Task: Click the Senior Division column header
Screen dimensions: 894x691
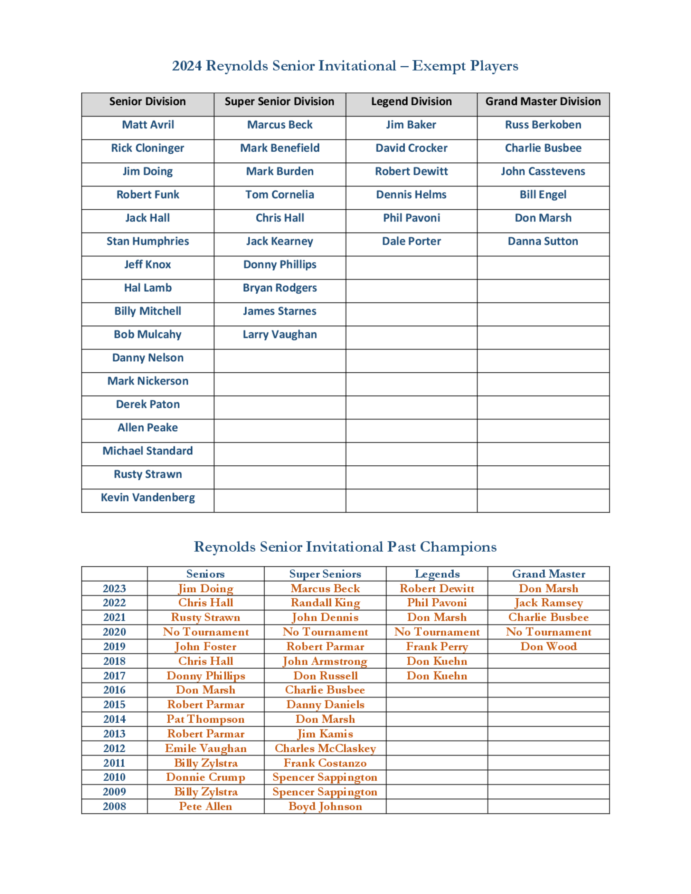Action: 148,102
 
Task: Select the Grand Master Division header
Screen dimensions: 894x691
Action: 543,102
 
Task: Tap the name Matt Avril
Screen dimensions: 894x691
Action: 148,125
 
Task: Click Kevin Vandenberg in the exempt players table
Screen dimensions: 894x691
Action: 148,498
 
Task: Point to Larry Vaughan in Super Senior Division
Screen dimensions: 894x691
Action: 280,335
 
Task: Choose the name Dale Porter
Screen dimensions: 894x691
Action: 411,241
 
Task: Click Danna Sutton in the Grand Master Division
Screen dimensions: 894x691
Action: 543,241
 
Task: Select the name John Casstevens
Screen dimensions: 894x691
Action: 543,172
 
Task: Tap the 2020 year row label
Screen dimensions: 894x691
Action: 114,632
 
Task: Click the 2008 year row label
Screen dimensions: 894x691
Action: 114,806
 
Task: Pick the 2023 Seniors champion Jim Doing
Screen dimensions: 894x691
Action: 206,589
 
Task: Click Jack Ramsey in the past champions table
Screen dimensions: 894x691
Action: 549,603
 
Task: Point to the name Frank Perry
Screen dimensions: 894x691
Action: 437,647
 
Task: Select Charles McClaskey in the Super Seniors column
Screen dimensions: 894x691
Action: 325,749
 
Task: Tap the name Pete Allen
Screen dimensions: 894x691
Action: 206,806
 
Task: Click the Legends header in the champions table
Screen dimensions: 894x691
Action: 437,574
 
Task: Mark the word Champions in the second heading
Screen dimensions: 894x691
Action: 458,547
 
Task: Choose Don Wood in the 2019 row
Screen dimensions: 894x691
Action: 549,647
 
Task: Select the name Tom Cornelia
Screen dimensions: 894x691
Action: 280,195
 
